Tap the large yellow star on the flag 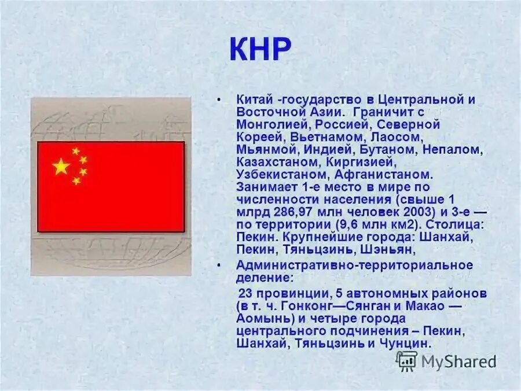click(x=61, y=167)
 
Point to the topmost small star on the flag click(x=76, y=151)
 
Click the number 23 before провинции click(x=246, y=293)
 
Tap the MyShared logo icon click(x=406, y=361)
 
